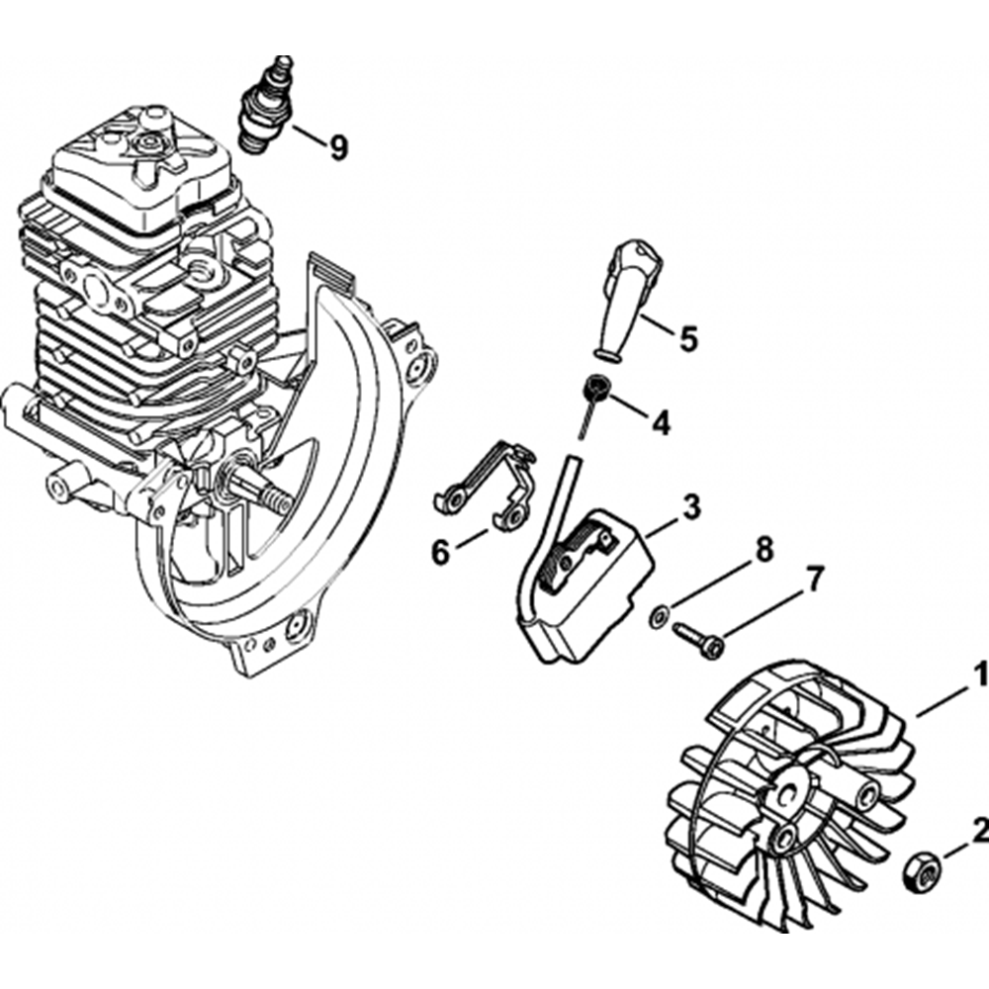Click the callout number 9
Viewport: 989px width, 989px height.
pyautogui.click(x=338, y=148)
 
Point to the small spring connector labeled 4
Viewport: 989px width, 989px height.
pyautogui.click(x=595, y=390)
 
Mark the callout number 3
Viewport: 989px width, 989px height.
pyautogui.click(x=691, y=507)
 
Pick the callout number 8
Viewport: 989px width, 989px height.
pyautogui.click(x=764, y=551)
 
